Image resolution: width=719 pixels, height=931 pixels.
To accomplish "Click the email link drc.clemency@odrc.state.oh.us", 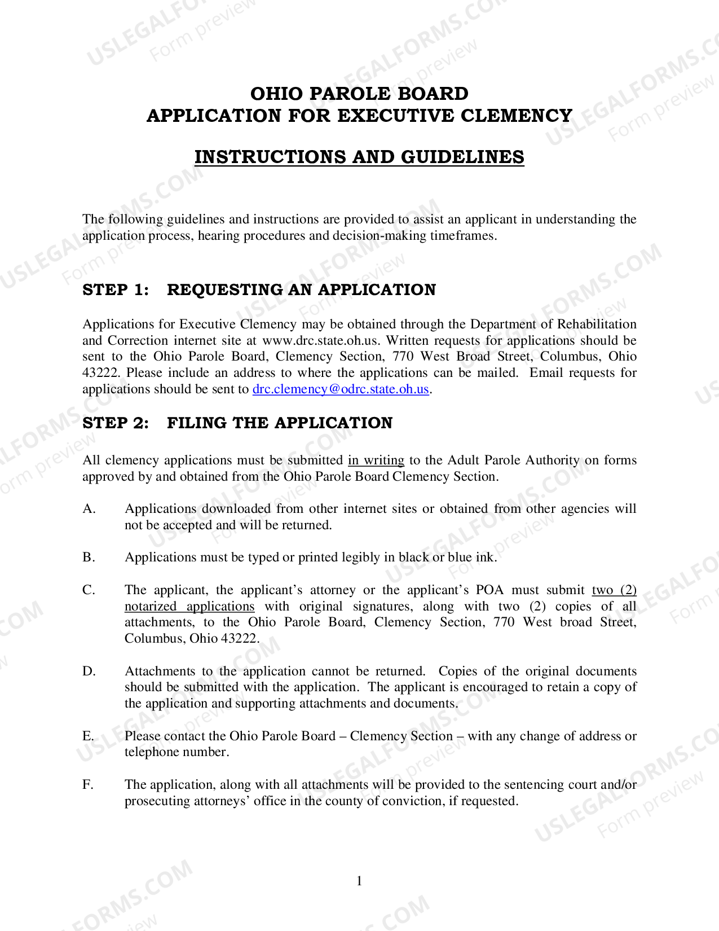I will [341, 389].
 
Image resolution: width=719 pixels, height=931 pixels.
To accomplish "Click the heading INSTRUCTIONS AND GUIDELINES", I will [359, 157].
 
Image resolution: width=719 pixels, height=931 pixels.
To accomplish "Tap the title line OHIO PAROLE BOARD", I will [359, 94].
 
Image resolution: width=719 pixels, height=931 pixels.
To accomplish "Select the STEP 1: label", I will [116, 290].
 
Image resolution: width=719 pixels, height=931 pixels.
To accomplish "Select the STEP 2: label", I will [116, 423].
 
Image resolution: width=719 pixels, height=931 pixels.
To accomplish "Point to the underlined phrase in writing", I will [376, 460].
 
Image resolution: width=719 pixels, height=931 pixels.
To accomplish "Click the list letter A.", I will [89, 509].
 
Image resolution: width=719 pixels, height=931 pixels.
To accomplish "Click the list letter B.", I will [89, 557].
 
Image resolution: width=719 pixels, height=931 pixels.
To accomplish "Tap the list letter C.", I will [89, 590].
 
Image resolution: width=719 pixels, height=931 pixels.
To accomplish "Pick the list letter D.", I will [89, 671].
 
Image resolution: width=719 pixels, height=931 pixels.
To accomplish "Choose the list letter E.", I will [88, 736].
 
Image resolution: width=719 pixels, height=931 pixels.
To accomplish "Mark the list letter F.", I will [88, 785].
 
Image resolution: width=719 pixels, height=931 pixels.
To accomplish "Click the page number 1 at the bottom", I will [359, 881].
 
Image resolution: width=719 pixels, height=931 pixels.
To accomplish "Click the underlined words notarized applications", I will [189, 607].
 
